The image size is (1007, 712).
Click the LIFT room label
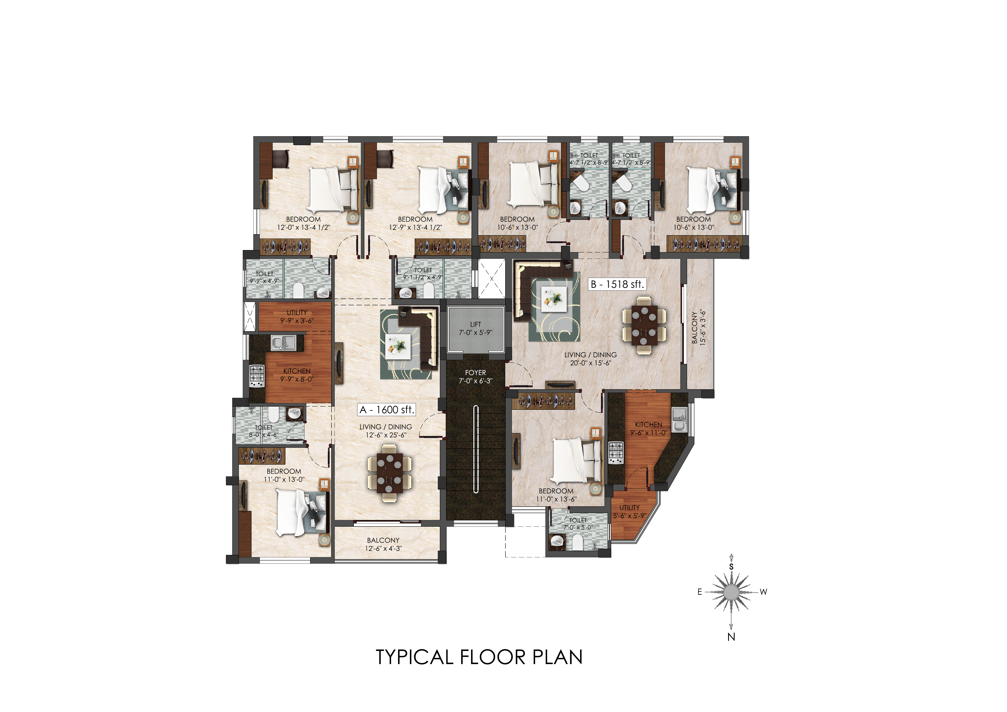[x=475, y=324]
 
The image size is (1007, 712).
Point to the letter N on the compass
[x=731, y=637]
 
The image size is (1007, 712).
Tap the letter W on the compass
[x=764, y=592]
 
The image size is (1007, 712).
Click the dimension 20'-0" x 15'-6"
[x=590, y=363]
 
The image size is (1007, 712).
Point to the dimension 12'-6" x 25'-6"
[x=386, y=435]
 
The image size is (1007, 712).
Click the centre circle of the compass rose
[x=731, y=592]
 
